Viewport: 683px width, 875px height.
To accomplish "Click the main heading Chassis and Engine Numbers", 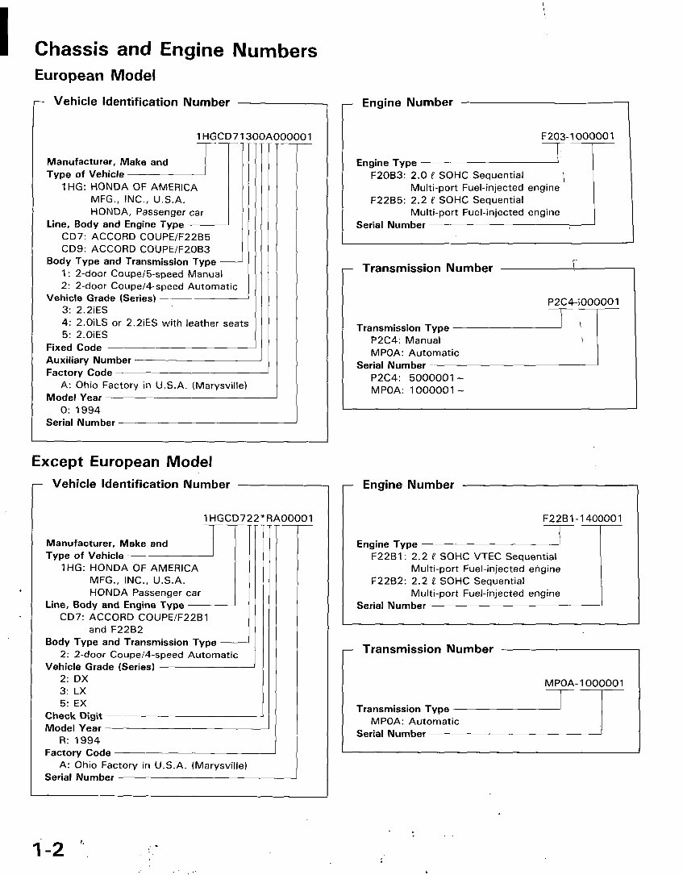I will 176,50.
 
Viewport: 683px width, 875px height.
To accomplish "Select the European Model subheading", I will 94,76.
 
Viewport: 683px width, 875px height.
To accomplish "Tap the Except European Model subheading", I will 122,462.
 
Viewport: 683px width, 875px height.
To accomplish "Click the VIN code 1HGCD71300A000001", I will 254,137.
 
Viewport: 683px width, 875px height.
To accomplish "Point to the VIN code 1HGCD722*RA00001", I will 258,518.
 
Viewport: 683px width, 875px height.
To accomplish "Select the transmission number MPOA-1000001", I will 584,683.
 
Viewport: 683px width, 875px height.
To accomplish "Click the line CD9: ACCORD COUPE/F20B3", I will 135,249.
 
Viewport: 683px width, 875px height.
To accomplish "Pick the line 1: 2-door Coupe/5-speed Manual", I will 142,274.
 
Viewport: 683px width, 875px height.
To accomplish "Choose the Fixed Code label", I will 74,348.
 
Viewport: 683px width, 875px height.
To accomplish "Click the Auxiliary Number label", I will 89,360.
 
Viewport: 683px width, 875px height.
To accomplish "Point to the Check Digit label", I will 73,716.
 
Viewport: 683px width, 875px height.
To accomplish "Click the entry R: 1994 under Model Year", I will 80,740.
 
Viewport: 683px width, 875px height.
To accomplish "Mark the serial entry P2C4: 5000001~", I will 418,377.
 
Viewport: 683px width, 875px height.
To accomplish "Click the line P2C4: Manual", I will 406,340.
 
